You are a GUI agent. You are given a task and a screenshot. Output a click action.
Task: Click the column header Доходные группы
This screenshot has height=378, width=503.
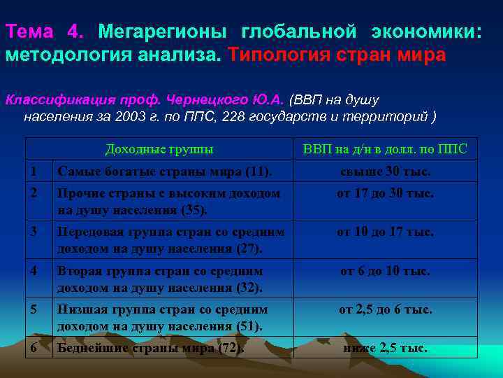[159, 149]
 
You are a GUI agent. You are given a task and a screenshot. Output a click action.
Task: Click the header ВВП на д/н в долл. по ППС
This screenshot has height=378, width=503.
[385, 149]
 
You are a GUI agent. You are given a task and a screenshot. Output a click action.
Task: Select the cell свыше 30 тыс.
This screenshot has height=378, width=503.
[385, 171]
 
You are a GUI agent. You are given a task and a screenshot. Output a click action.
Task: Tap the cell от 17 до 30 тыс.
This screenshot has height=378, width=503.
[385, 192]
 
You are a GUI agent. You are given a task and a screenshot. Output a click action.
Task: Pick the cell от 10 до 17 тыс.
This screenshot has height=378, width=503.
[385, 232]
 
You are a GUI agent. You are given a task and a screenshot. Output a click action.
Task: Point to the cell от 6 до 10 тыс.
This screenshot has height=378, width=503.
[385, 270]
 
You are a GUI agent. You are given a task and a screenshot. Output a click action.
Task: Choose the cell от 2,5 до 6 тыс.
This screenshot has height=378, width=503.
[385, 309]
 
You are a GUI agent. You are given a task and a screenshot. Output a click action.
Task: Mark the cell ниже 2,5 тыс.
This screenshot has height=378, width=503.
[385, 348]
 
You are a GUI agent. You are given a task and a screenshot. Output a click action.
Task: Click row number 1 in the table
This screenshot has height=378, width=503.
[33, 171]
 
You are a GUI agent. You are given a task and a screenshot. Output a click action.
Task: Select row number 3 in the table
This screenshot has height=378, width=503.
[33, 231]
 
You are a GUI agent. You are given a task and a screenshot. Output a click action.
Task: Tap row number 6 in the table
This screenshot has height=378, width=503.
[33, 347]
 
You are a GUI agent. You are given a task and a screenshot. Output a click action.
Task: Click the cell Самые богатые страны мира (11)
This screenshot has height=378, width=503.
[165, 171]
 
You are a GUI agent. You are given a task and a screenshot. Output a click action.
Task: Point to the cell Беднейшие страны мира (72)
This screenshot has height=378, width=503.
[151, 348]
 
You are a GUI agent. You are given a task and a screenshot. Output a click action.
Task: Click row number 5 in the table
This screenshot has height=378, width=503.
[33, 308]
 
